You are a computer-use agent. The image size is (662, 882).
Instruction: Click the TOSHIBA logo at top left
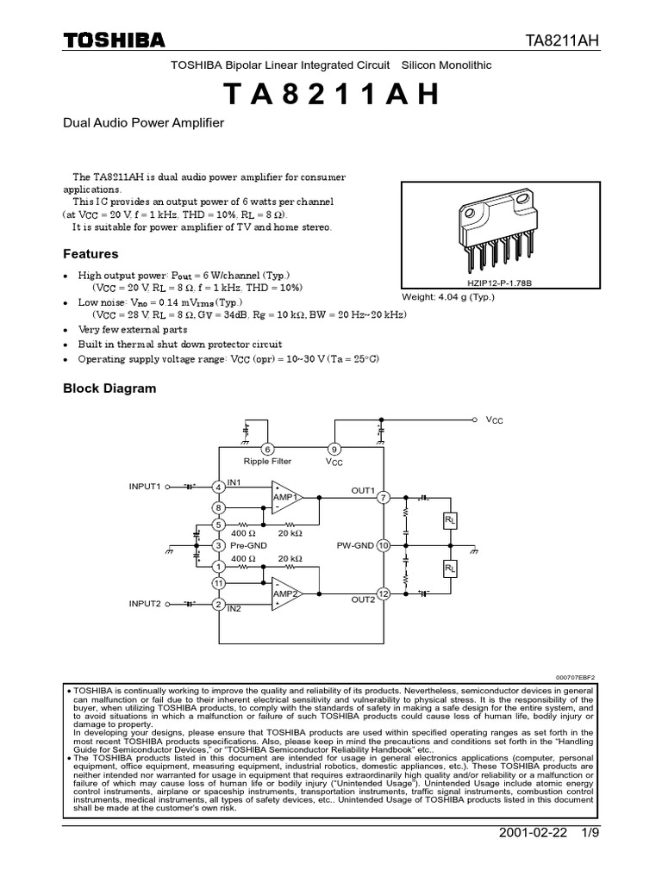[x=114, y=40]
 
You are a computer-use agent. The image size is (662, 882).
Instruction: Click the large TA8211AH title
[x=332, y=94]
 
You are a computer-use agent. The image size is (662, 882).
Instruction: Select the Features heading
[x=91, y=254]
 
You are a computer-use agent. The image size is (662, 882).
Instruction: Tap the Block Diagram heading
[x=109, y=388]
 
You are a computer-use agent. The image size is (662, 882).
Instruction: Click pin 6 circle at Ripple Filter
[x=268, y=450]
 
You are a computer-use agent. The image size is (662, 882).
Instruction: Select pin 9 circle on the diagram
[x=334, y=450]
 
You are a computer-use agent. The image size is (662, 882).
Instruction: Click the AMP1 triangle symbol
[x=285, y=498]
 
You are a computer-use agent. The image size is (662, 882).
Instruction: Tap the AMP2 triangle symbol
[x=285, y=594]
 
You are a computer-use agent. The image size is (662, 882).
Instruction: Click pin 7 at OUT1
[x=384, y=498]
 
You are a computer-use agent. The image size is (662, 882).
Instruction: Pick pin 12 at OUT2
[x=384, y=594]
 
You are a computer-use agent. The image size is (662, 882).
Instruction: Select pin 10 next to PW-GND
[x=384, y=546]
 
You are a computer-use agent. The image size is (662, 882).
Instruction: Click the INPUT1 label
[x=145, y=487]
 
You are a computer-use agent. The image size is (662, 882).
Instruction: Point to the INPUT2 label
[x=145, y=604]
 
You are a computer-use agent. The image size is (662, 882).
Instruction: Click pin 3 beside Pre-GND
[x=219, y=546]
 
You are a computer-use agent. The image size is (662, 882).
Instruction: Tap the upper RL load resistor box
[x=450, y=522]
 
